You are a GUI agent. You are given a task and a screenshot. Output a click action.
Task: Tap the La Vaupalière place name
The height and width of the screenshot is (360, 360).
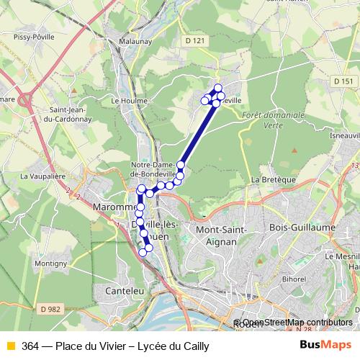point(43,175)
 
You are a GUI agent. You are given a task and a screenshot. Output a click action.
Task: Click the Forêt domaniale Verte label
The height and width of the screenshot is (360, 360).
point(274,120)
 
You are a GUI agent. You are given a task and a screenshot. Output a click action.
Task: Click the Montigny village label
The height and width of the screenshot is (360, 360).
point(50,264)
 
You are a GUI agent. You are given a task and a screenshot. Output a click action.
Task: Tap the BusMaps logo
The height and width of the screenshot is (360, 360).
point(324,346)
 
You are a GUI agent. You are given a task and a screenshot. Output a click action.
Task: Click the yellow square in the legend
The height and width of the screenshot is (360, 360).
point(10,346)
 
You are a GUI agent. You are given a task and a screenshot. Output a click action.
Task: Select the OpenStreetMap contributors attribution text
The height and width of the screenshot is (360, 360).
point(295,323)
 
